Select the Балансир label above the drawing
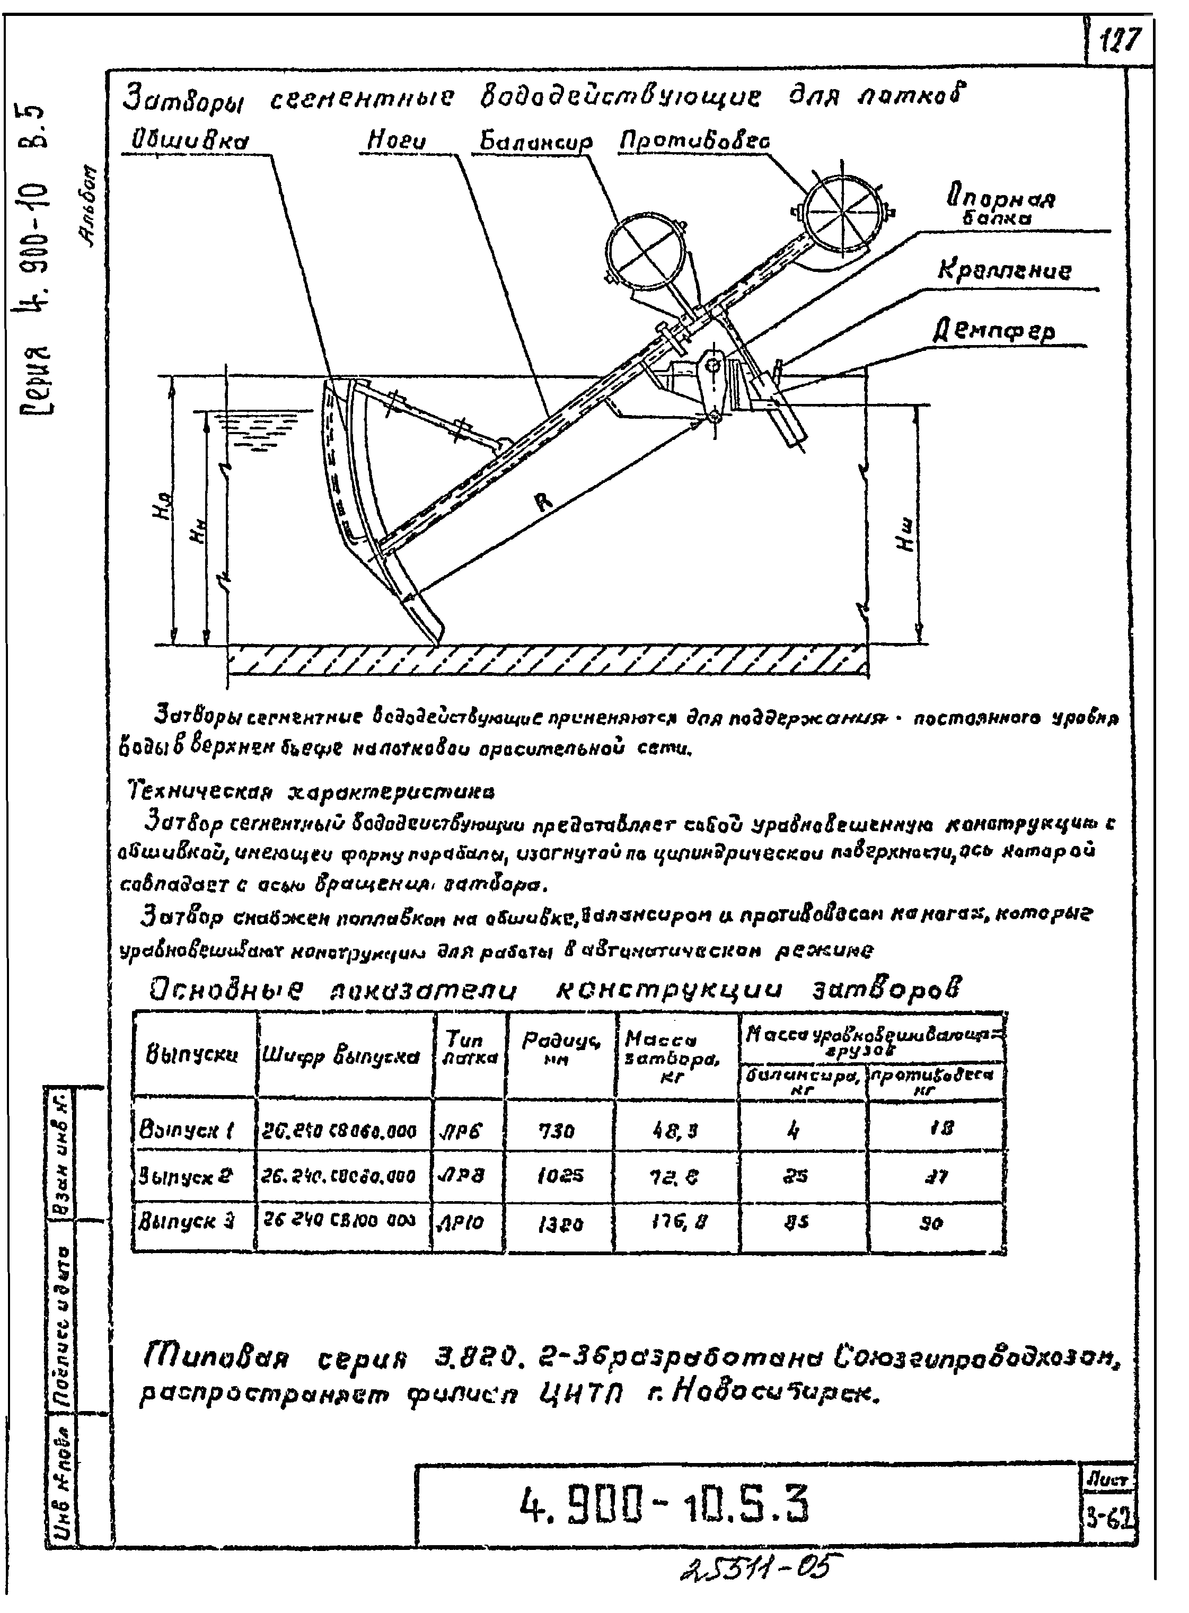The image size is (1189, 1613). pyautogui.click(x=536, y=143)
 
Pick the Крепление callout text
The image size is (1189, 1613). pyautogui.click(x=1004, y=271)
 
